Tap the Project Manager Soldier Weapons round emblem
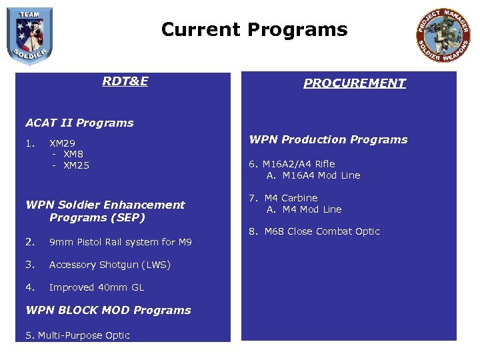coord(443,35)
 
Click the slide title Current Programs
coord(254,30)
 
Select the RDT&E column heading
coord(125,81)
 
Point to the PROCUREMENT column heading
coord(354,83)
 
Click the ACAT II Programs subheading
coord(79,123)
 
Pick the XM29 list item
coord(63,143)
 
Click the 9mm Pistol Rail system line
coord(120,242)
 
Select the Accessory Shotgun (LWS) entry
coord(109,265)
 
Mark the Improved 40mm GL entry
coord(96,287)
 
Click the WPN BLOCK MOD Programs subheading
coord(108,310)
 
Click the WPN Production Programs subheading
coord(328,139)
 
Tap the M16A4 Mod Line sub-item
coord(313,175)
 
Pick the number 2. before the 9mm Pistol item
coord(29,242)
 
